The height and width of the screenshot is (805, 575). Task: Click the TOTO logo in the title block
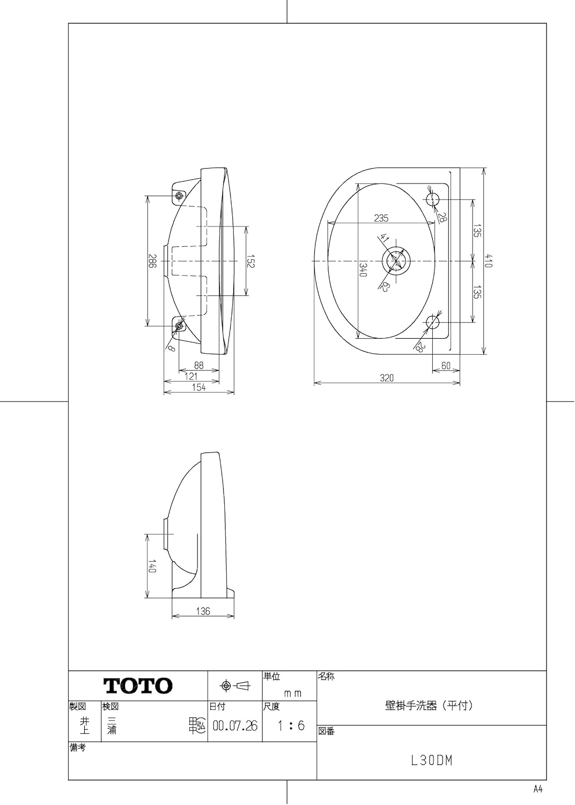(x=138, y=686)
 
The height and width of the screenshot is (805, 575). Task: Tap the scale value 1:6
(x=291, y=726)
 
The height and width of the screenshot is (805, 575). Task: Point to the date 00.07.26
(x=235, y=726)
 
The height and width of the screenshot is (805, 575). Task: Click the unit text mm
(x=292, y=693)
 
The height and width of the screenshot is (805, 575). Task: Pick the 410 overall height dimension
(x=489, y=261)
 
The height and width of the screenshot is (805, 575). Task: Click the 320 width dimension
(x=386, y=378)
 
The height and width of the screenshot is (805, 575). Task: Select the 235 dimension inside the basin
(x=381, y=218)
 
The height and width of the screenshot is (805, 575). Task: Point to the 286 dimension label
(x=152, y=261)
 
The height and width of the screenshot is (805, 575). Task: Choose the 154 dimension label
(x=198, y=388)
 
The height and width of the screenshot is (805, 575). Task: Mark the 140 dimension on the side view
(x=152, y=566)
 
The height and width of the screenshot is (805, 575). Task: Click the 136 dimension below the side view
(x=203, y=611)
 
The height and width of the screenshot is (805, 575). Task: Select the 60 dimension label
(x=446, y=365)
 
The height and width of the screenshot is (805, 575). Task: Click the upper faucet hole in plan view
(x=432, y=200)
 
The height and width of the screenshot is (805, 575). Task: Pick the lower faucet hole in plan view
(x=432, y=322)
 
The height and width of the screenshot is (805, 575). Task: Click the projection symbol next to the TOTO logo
(x=235, y=686)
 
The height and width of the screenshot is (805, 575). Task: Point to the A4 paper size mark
(x=538, y=789)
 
